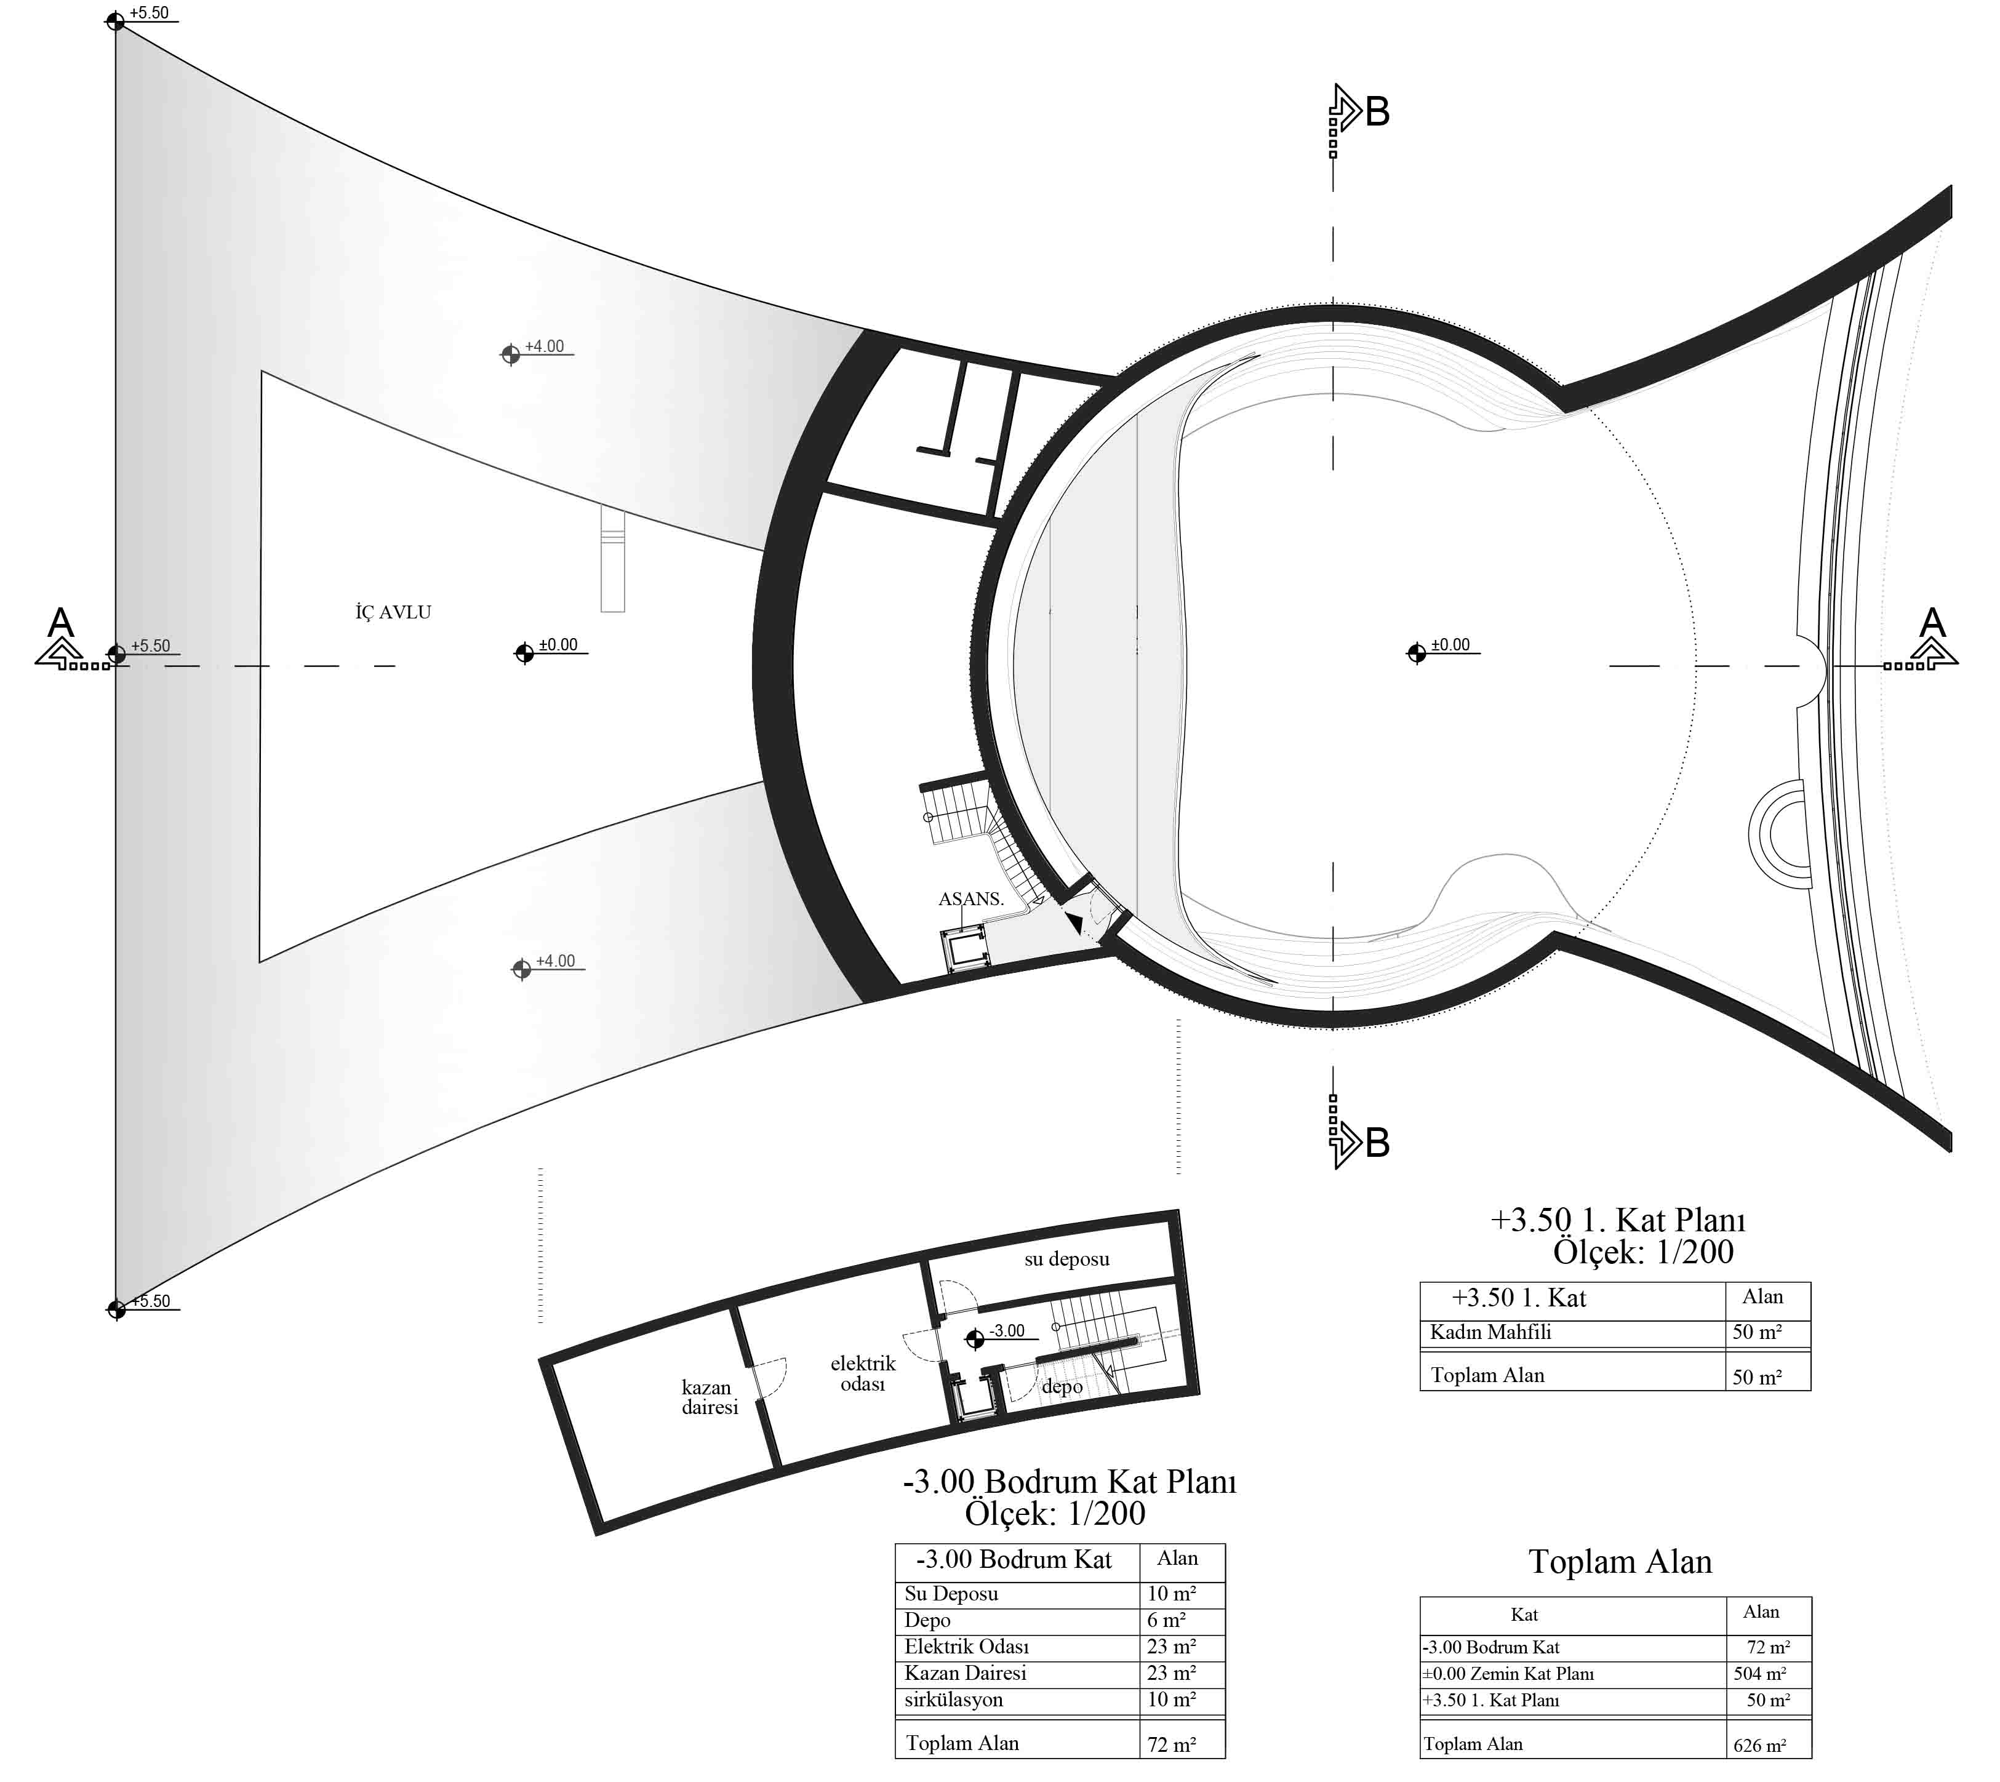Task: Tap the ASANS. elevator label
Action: tap(971, 899)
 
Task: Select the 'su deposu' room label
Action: tap(1067, 1259)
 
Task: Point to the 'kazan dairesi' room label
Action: tap(710, 1397)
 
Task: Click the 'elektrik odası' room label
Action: tap(862, 1373)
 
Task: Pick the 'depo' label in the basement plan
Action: tap(1062, 1386)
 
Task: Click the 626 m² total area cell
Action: tap(1759, 1745)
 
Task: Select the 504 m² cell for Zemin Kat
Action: tap(1759, 1673)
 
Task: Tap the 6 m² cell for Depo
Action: tap(1167, 1620)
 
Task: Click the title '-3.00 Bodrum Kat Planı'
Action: tap(1069, 1481)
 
